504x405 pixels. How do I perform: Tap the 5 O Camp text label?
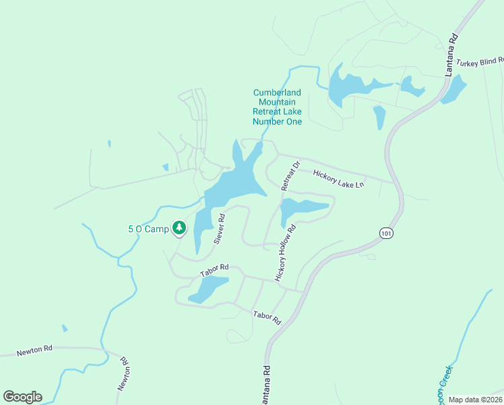click(x=148, y=229)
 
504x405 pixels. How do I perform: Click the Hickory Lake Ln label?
click(x=339, y=179)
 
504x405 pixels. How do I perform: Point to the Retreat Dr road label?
click(x=289, y=175)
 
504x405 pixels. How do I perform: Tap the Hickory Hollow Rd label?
click(x=286, y=253)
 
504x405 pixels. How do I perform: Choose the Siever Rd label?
click(x=219, y=229)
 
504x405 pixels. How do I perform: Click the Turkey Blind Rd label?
click(x=480, y=62)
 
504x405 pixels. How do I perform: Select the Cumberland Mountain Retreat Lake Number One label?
click(x=277, y=107)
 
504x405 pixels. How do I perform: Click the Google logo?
click(x=22, y=397)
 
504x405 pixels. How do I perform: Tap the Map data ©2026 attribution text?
click(x=475, y=400)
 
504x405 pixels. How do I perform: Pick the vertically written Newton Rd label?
click(x=124, y=374)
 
